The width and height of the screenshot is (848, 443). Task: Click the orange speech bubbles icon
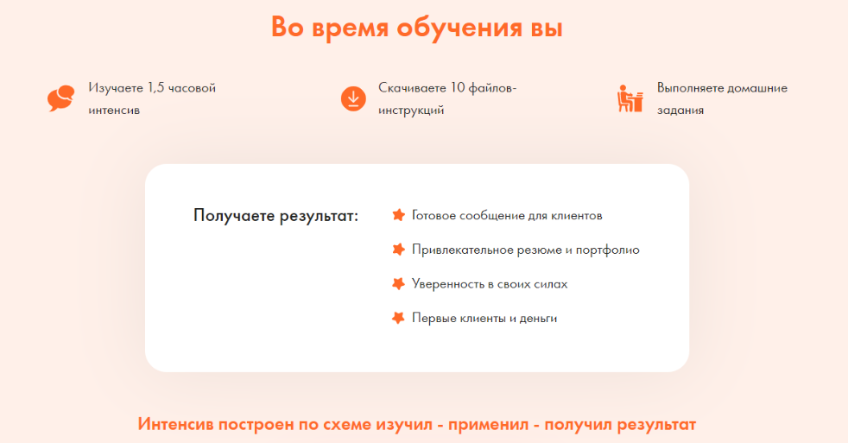pyautogui.click(x=60, y=98)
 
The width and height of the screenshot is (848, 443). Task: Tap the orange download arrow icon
pyautogui.click(x=353, y=99)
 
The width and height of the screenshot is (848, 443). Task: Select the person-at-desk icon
pyautogui.click(x=630, y=98)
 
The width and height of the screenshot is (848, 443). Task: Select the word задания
pyautogui.click(x=680, y=111)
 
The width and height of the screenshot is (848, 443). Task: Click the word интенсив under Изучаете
pyautogui.click(x=114, y=111)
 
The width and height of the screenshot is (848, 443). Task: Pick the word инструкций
pyautogui.click(x=411, y=111)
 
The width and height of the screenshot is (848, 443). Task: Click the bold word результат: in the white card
pyautogui.click(x=319, y=216)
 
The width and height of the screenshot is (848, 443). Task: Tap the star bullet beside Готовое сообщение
pyautogui.click(x=399, y=215)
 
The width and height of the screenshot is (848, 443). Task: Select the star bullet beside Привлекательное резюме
pyautogui.click(x=399, y=250)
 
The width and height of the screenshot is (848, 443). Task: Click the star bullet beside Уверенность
pyautogui.click(x=399, y=284)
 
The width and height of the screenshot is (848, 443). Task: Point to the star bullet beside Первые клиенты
pyautogui.click(x=399, y=318)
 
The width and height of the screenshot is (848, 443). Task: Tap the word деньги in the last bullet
pyautogui.click(x=538, y=319)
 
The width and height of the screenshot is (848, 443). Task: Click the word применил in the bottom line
pyautogui.click(x=488, y=425)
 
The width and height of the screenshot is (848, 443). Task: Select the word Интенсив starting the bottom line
pyautogui.click(x=175, y=424)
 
